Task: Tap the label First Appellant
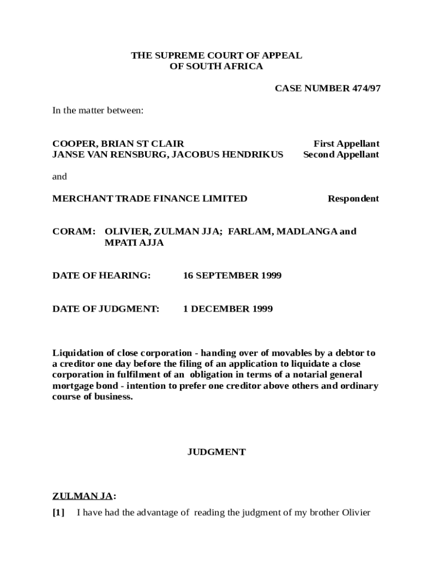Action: coord(346,144)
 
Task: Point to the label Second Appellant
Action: coord(341,155)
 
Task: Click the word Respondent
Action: coord(354,199)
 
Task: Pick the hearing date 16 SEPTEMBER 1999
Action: coord(232,276)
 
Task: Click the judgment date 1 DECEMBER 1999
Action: coord(228,309)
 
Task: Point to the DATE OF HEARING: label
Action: coord(101,276)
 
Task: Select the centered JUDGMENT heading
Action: coord(216,452)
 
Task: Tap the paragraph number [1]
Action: coord(58,512)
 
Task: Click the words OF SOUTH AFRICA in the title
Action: coord(216,66)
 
